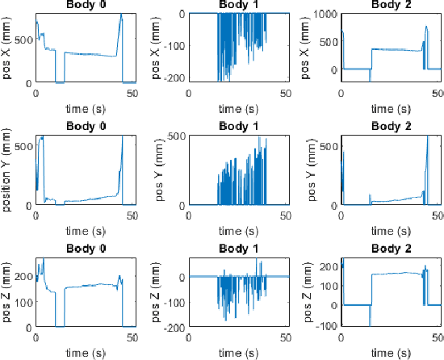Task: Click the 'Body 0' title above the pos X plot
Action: [x=85, y=6]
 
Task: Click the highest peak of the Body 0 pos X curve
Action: [x=121, y=15]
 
